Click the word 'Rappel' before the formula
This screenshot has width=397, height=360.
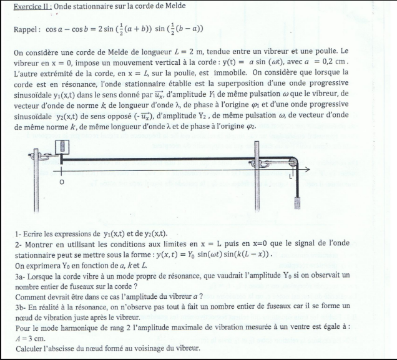[x=26, y=29]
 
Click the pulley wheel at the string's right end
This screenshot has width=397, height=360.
[x=293, y=162]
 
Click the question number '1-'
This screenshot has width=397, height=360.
[x=17, y=233]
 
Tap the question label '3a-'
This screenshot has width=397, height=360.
[x=20, y=274]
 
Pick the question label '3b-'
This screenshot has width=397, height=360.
[x=20, y=306]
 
